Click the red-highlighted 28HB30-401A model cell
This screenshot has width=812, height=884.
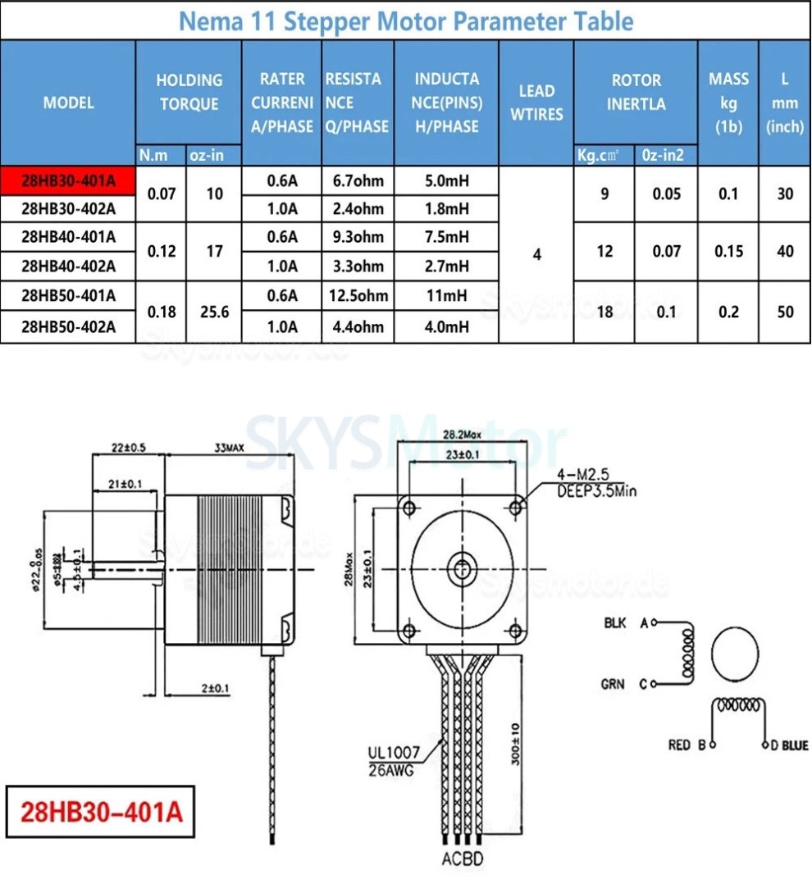(68, 180)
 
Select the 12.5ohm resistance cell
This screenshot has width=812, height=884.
(358, 296)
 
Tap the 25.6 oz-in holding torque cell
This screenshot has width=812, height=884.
(214, 312)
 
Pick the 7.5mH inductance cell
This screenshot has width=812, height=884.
(446, 237)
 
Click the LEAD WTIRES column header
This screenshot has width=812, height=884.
(536, 103)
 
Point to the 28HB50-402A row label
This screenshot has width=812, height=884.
(68, 327)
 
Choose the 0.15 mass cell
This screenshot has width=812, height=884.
(728, 252)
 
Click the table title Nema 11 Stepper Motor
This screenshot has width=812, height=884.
(405, 21)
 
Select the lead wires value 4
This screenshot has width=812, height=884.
(536, 254)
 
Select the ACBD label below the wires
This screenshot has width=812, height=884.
(463, 859)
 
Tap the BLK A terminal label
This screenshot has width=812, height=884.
(626, 623)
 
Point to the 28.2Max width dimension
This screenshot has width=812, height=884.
(461, 434)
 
